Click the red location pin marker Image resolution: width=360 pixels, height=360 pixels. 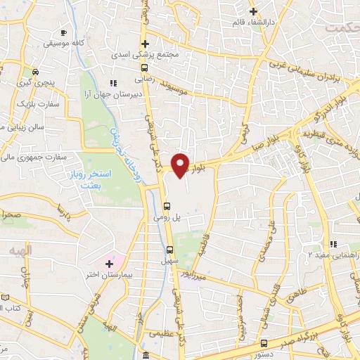pyautogui.click(x=181, y=165)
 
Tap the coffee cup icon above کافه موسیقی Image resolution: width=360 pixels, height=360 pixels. pyautogui.click(x=64, y=33)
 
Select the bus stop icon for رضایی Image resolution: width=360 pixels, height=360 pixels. pyautogui.click(x=144, y=68)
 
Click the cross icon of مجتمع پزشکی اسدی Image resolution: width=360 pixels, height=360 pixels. pyautogui.click(x=144, y=44)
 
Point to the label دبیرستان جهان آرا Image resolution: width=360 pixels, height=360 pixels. pyautogui.click(x=134, y=93)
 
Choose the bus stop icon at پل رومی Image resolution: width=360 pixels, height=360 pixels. pyautogui.click(x=167, y=207)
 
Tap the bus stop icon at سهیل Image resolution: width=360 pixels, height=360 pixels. pyautogui.click(x=169, y=249)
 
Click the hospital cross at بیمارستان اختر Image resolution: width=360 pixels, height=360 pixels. pyautogui.click(x=109, y=264)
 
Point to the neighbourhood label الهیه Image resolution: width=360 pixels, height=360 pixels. pyautogui.click(x=21, y=251)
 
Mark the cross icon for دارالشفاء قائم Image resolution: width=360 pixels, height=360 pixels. pyautogui.click(x=254, y=11)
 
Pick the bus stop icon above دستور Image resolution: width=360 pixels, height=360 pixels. pyautogui.click(x=264, y=343)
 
